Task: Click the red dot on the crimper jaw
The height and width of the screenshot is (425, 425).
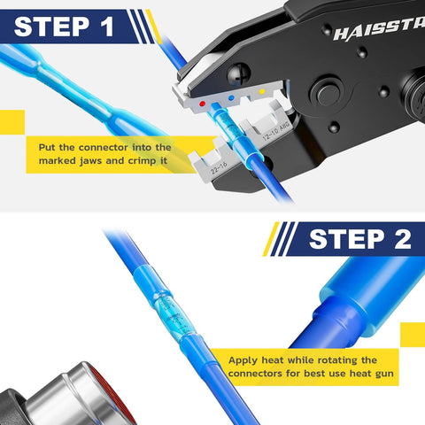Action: click(x=205, y=103)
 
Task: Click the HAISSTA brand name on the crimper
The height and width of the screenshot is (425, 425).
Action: click(x=376, y=33)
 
